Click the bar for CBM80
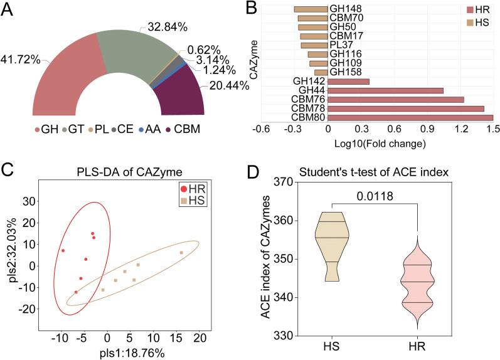410,117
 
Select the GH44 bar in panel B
385,90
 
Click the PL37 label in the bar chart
342,45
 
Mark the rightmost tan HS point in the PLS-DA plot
181,253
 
